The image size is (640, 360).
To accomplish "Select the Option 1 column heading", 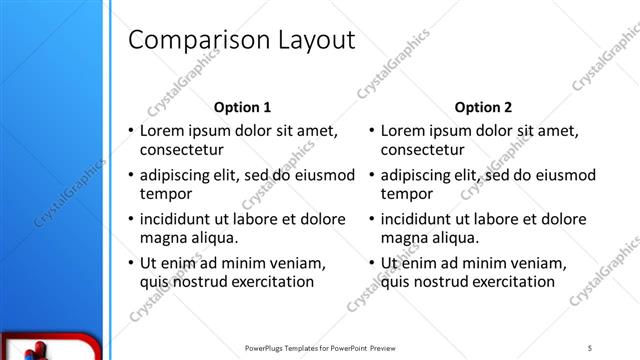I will pos(242,107).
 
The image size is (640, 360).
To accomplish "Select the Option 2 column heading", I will pos(483,107).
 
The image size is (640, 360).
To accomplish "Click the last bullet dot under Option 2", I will pos(371,263).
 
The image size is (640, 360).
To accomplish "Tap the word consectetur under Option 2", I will pos(421,150).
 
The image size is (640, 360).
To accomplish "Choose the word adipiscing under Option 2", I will pos(416,175).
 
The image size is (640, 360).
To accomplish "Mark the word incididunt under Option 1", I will pos(178,219).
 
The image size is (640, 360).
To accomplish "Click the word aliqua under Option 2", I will pos(452,238).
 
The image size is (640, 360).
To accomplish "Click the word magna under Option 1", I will pos(162,238).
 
